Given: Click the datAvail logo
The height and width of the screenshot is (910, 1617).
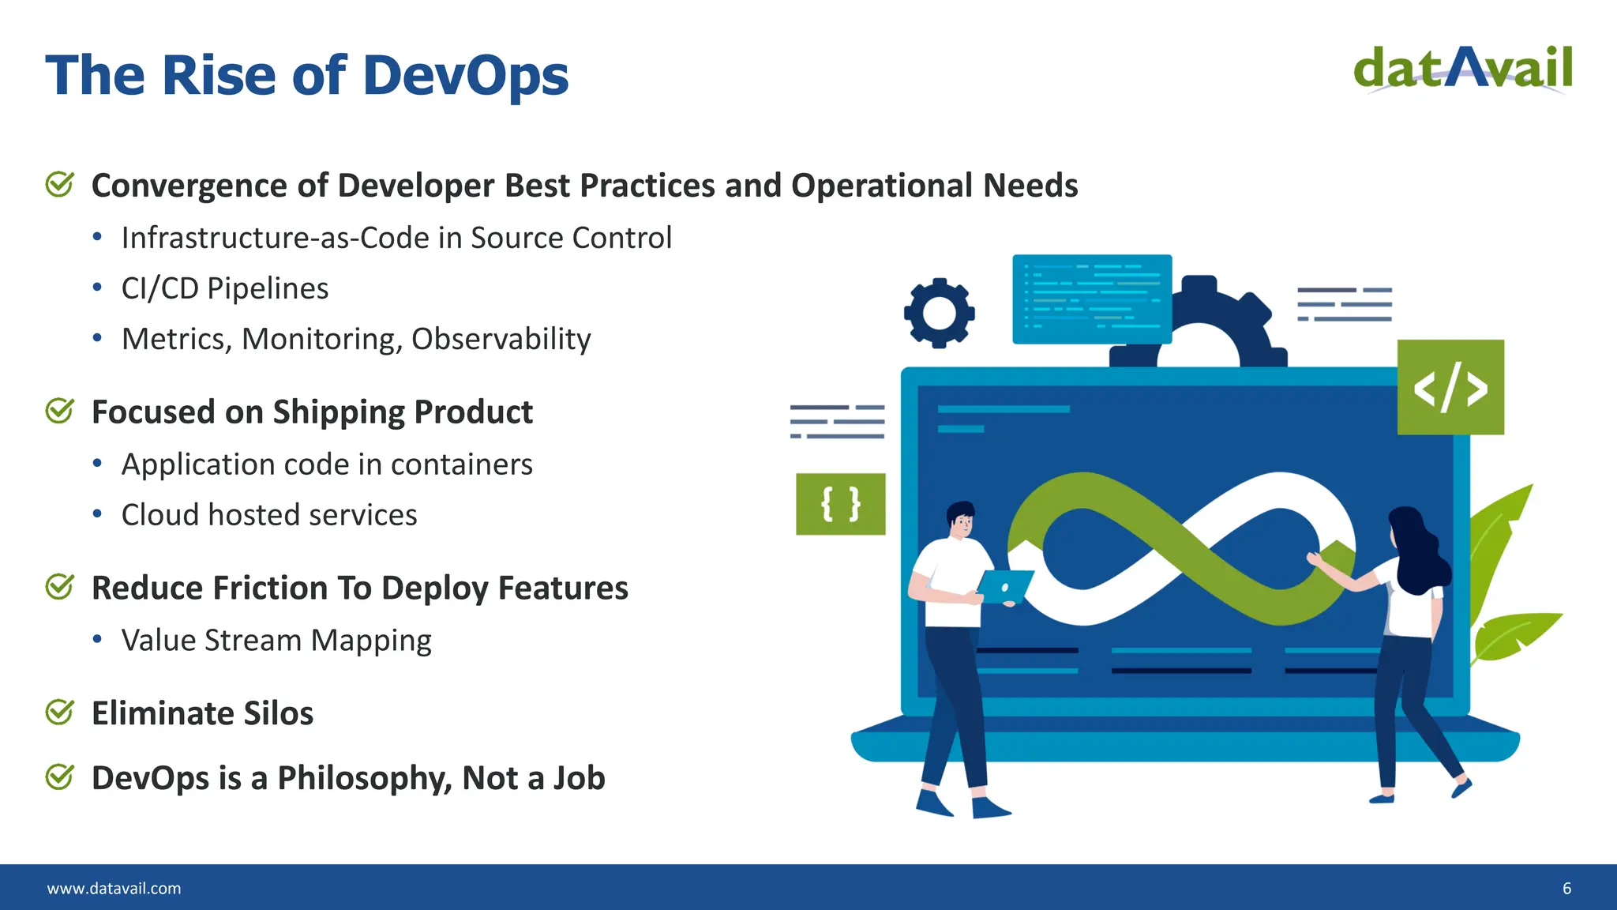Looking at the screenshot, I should tap(1462, 70).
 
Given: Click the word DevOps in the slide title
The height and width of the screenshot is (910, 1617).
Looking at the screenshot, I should tap(466, 77).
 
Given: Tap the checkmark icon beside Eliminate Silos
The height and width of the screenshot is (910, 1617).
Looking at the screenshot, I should tap(60, 713).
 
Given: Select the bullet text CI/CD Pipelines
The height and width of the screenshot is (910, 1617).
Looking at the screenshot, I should tap(225, 289).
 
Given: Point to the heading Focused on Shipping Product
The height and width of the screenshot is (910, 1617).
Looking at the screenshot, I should tap(312, 412).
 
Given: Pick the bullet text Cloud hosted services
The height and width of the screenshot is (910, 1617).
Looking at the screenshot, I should tap(269, 515).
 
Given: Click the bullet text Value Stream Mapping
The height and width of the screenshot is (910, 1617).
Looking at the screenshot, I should tap(276, 641).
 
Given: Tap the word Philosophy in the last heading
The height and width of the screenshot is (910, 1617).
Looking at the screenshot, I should tap(365, 779).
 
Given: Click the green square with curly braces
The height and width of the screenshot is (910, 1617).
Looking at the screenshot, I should tap(840, 504).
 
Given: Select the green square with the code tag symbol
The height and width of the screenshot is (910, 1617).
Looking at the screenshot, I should tap(1450, 387).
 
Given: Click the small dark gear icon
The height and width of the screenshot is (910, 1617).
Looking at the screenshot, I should tap(939, 313).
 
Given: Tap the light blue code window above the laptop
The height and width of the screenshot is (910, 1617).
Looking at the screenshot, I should tap(1092, 299).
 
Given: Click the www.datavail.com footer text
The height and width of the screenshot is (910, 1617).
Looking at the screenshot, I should tap(114, 889).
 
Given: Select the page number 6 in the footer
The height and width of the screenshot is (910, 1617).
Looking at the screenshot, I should tap(1566, 889).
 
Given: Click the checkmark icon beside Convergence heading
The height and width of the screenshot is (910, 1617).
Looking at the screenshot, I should tap(60, 185).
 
